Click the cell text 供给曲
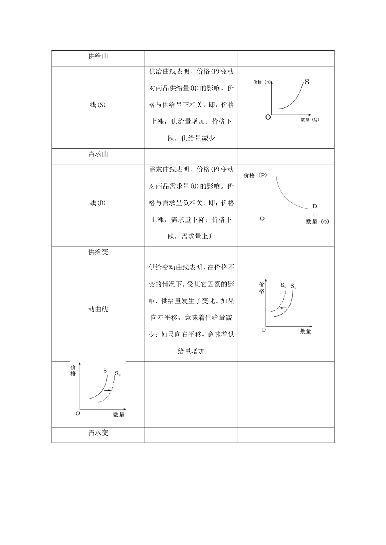point(98,56)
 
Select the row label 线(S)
point(98,105)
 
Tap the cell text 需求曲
point(98,154)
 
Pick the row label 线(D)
point(98,203)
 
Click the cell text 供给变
point(98,252)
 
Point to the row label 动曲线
point(98,309)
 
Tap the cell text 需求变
point(98,433)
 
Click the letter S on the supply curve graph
point(307,82)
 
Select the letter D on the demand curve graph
point(314,206)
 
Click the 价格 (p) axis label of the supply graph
point(262,82)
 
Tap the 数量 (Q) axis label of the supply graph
point(310,120)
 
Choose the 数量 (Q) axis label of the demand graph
point(317,221)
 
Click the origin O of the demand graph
point(262,218)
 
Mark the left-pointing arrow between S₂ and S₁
point(284,308)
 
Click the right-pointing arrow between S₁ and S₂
point(108,390)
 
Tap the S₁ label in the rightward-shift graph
point(106,371)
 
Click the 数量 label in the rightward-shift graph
point(119,414)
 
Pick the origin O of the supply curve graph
point(268,118)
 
